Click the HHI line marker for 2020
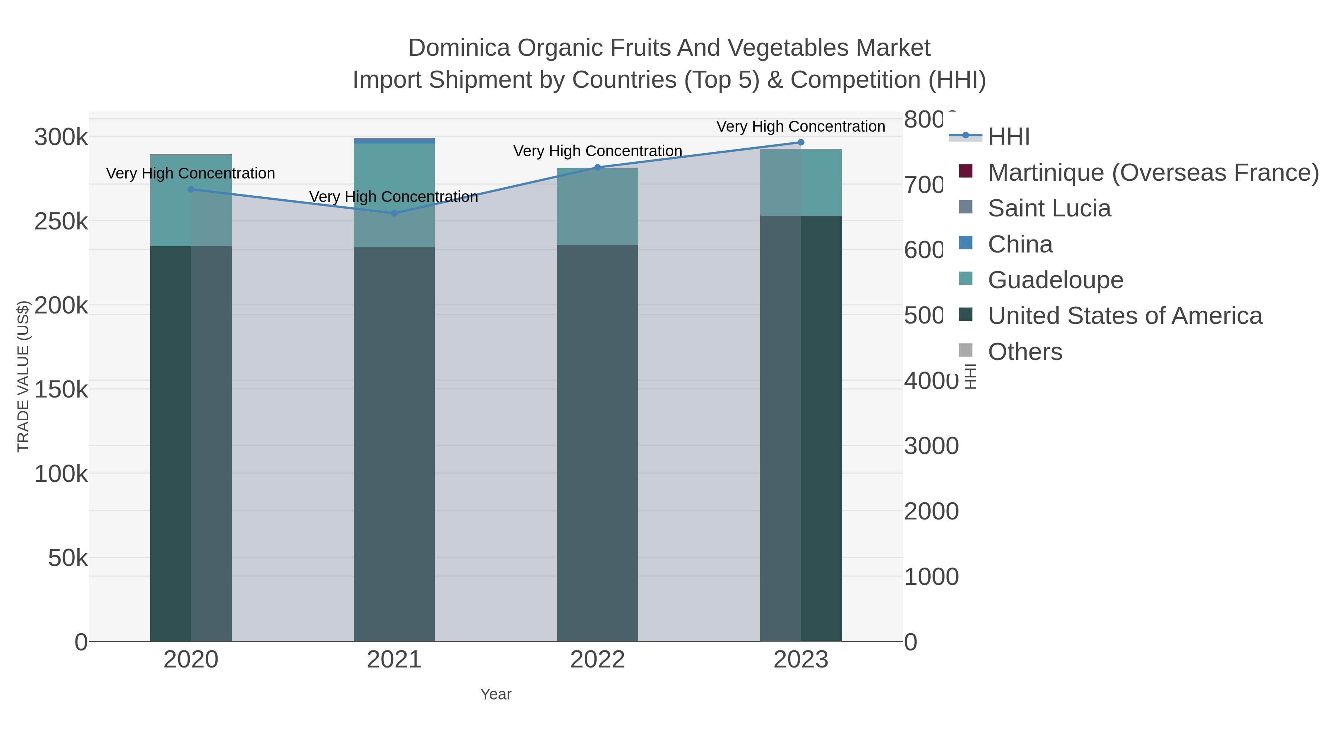[x=191, y=189]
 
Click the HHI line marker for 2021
[x=394, y=213]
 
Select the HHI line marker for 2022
[x=597, y=167]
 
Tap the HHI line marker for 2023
[x=800, y=142]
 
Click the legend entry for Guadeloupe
[x=1055, y=280]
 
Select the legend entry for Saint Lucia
[x=1049, y=208]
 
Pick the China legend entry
[x=1020, y=244]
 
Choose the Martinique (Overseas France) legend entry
[x=1153, y=173]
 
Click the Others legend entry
[x=1025, y=352]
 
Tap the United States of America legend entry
[x=1124, y=316]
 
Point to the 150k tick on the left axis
[x=61, y=389]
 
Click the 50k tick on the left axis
[x=68, y=558]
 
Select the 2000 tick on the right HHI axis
[x=931, y=511]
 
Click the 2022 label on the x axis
[x=597, y=660]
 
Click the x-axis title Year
[x=495, y=694]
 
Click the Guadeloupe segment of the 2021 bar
[x=394, y=195]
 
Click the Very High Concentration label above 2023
[x=800, y=126]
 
